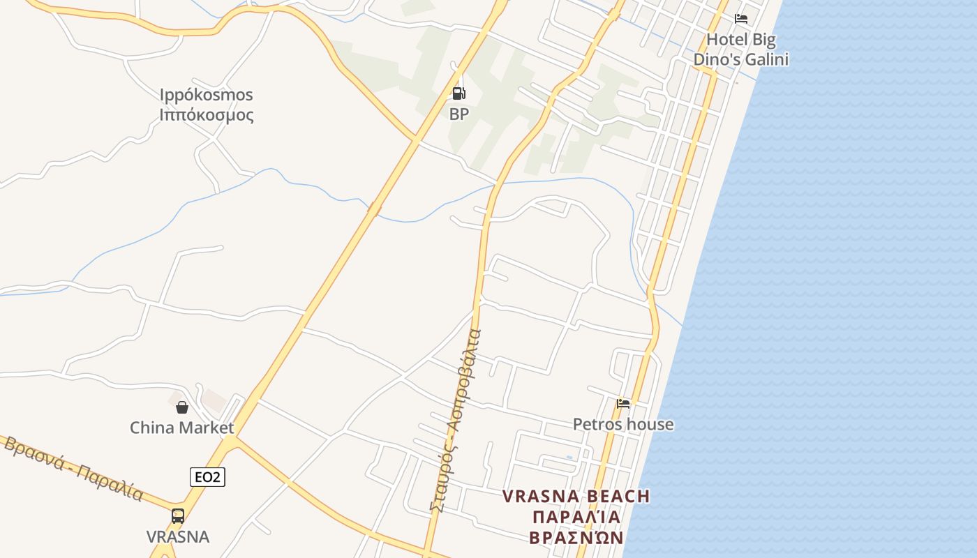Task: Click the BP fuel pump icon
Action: [x=458, y=93]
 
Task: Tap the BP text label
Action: [x=458, y=114]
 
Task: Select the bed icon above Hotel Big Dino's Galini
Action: [x=741, y=19]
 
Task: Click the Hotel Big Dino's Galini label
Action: [x=740, y=50]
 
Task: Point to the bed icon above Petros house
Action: [x=623, y=403]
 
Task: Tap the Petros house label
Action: [x=623, y=424]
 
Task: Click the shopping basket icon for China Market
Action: [x=182, y=407]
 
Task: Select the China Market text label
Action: [x=182, y=428]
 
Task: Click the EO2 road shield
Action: [x=207, y=477]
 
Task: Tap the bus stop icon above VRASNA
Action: [x=178, y=516]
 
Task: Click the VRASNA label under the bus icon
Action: [x=178, y=536]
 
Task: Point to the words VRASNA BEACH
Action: [x=576, y=497]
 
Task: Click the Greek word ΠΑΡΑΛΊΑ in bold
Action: [x=576, y=517]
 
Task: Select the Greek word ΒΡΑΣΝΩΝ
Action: [x=576, y=538]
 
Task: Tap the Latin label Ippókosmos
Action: [x=207, y=95]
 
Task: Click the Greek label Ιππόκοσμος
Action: [x=207, y=115]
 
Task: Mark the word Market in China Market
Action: [x=207, y=428]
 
